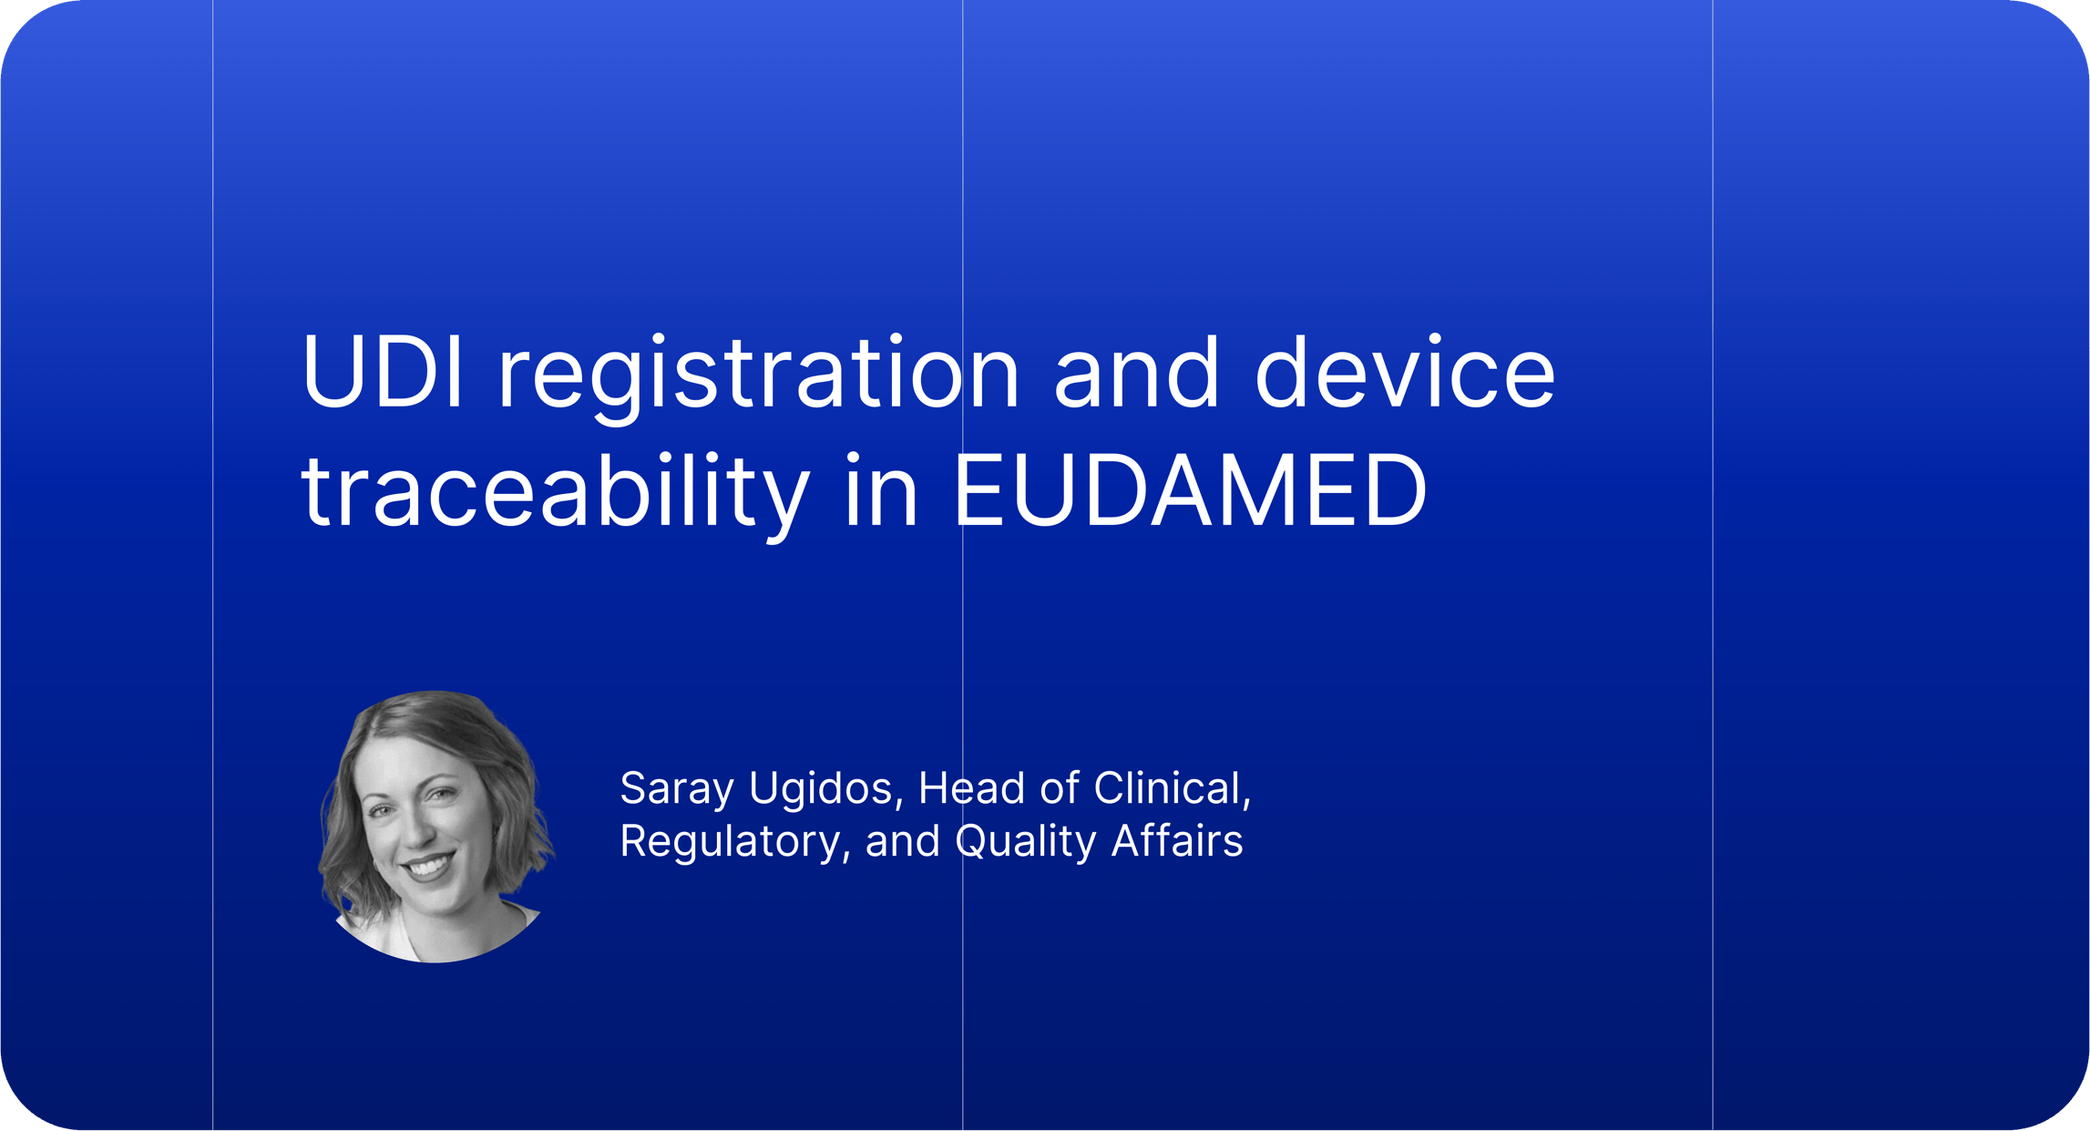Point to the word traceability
coord(556,495)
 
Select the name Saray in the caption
coord(676,789)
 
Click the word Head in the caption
coord(971,787)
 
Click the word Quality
coord(1025,842)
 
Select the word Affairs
coord(1177,840)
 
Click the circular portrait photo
coord(436,826)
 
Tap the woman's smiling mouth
coord(426,865)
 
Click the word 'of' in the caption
coord(1060,787)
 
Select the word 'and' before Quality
coord(902,841)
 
